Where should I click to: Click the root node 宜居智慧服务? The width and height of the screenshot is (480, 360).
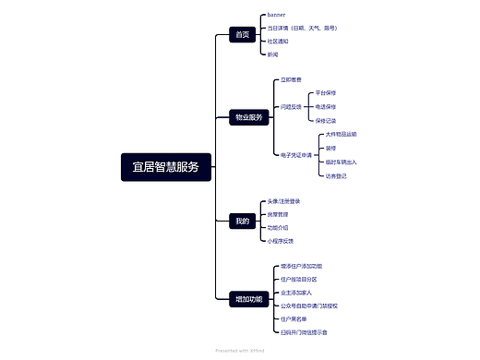pyautogui.click(x=166, y=167)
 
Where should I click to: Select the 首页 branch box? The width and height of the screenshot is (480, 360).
pyautogui.click(x=243, y=34)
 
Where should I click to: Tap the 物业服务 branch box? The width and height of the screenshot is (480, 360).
pyautogui.click(x=249, y=117)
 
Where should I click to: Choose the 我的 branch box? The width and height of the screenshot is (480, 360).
pyautogui.click(x=243, y=221)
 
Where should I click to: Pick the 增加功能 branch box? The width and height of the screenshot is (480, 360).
pyautogui.click(x=249, y=299)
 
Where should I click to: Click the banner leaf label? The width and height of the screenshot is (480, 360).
pyautogui.click(x=277, y=15)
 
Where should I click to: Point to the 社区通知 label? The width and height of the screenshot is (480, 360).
pyautogui.click(x=278, y=41)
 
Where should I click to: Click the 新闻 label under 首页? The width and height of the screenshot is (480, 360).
pyautogui.click(x=272, y=54)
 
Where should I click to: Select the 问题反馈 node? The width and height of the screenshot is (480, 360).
pyautogui.click(x=291, y=107)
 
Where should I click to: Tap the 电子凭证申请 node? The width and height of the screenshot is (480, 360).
pyautogui.click(x=297, y=155)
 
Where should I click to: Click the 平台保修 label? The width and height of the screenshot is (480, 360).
pyautogui.click(x=326, y=93)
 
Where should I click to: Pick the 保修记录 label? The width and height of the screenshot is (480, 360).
pyautogui.click(x=326, y=120)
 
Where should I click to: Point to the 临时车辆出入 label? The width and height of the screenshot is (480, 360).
pyautogui.click(x=341, y=162)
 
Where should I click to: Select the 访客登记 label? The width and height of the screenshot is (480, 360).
pyautogui.click(x=335, y=174)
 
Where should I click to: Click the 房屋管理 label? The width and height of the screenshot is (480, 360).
pyautogui.click(x=278, y=214)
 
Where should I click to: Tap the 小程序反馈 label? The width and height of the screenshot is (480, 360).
pyautogui.click(x=281, y=240)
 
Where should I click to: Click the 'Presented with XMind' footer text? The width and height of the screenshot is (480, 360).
pyautogui.click(x=239, y=351)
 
